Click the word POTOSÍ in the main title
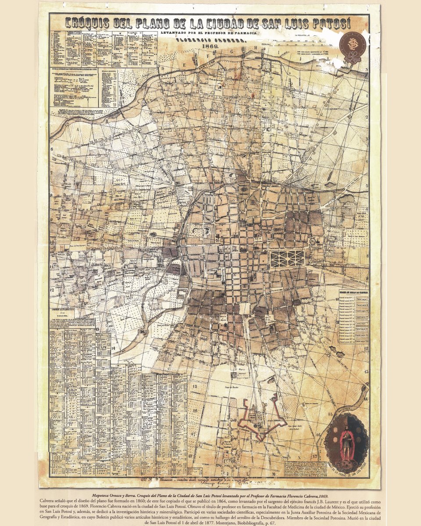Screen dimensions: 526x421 coord(338,23)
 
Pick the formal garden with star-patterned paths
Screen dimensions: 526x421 coord(287,259)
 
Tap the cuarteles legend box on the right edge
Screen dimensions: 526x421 coord(352,319)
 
